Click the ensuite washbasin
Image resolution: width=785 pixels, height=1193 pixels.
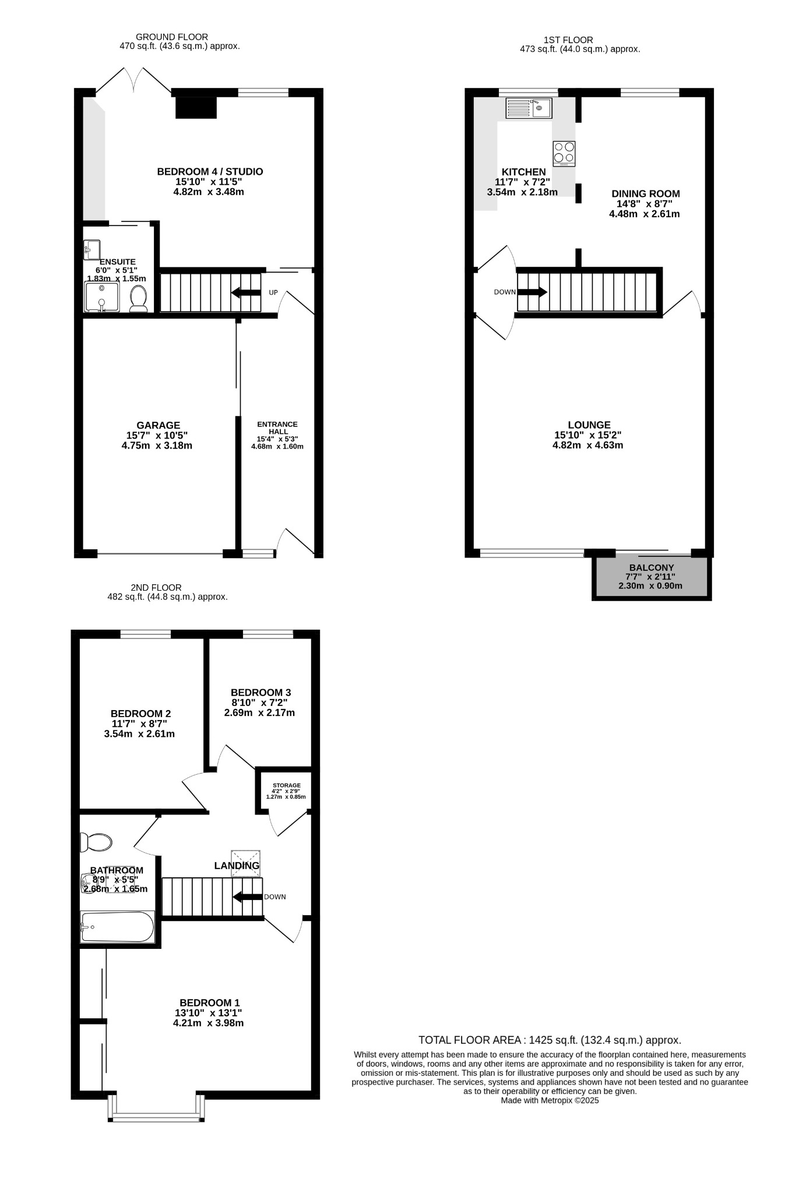pos(91,250)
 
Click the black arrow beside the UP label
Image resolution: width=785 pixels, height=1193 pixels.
pos(246,292)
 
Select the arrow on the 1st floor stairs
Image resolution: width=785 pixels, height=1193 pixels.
pos(532,292)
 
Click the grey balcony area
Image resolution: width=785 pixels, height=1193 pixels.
pos(652,578)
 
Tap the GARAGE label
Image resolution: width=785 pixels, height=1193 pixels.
pos(158,426)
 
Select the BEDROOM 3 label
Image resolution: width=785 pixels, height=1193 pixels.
pos(261,693)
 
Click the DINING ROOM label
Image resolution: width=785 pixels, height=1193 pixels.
pos(645,193)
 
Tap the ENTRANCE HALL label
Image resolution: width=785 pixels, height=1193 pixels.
pos(277,428)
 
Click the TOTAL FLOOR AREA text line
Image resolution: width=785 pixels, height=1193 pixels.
pos(550,1040)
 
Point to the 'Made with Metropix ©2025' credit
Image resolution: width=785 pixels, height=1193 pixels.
pos(550,1100)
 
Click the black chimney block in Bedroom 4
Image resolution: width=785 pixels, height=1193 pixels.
pos(196,108)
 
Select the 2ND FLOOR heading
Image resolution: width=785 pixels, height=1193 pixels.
pos(156,588)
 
